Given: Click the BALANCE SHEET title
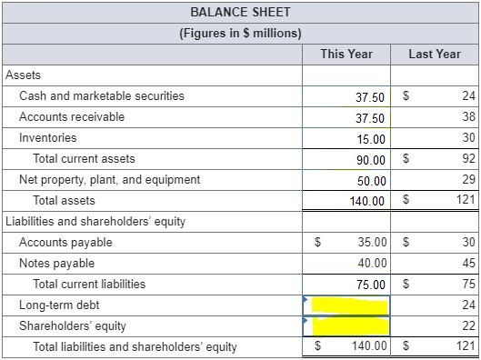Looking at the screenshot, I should click(241, 12).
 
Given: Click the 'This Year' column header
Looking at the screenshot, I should click(346, 54).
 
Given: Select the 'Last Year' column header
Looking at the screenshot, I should click(435, 54).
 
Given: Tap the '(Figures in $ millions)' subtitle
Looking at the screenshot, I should click(241, 34).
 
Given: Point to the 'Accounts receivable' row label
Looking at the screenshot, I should click(72, 117).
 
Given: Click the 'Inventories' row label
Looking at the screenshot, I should click(48, 138).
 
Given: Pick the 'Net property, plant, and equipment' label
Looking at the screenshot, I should click(109, 180).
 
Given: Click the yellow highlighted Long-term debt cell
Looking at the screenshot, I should click(346, 305).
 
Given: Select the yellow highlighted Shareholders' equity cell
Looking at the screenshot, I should click(346, 325).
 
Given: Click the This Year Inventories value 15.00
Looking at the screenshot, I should click(371, 139).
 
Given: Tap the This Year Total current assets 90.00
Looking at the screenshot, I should click(371, 160).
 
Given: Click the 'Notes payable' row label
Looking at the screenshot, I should click(56, 264).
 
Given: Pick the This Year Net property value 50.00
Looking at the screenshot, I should click(371, 181).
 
